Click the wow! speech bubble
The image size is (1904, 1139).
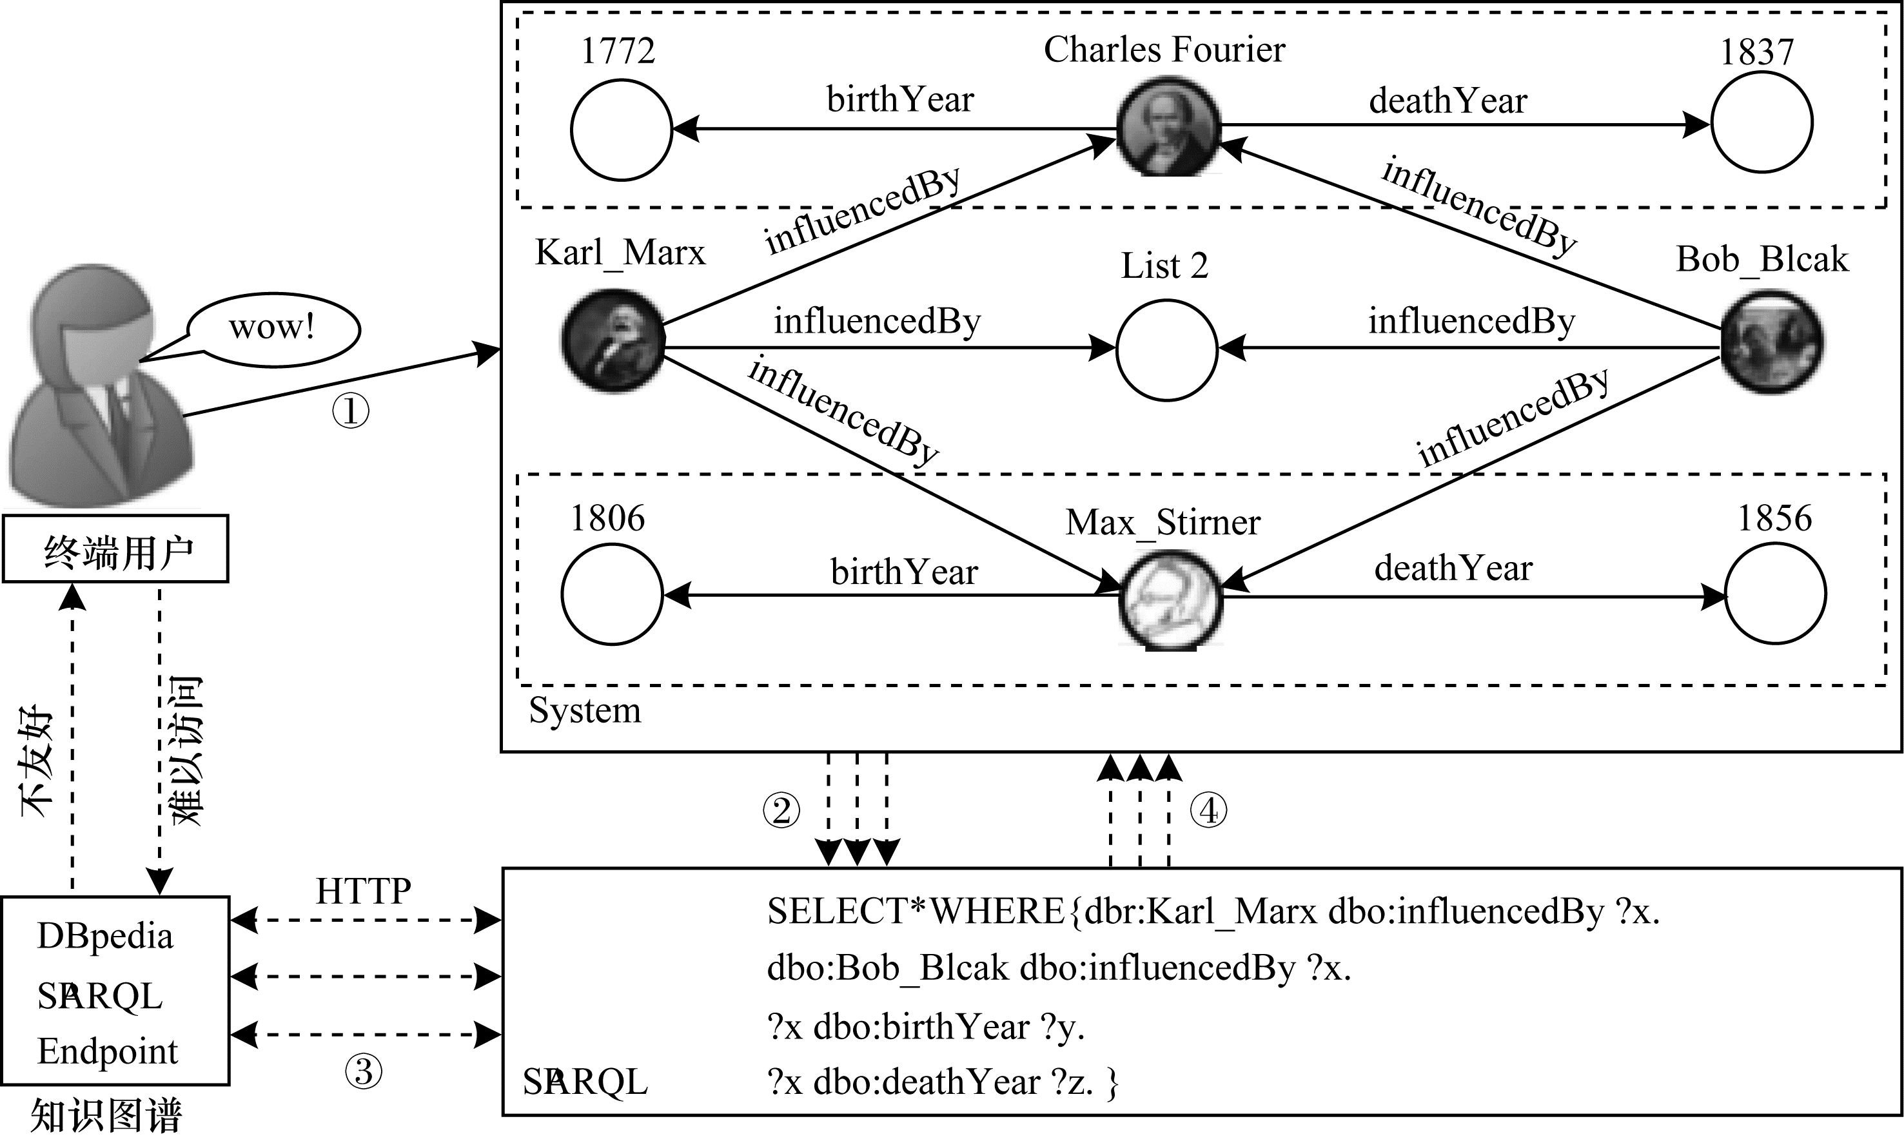[x=273, y=329]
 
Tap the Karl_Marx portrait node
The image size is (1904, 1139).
[x=613, y=341]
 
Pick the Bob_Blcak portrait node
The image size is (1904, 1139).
[x=1772, y=342]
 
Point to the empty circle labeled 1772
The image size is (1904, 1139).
[x=621, y=130]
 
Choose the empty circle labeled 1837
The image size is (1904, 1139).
[x=1762, y=122]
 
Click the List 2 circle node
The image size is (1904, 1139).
[x=1166, y=350]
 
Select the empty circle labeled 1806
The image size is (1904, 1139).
[x=612, y=594]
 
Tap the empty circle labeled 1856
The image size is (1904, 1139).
[x=1775, y=593]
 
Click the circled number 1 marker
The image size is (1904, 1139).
[x=350, y=411]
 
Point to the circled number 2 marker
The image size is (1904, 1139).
[x=781, y=810]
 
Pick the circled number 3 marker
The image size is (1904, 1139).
[x=363, y=1071]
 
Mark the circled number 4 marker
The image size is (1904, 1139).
[x=1208, y=810]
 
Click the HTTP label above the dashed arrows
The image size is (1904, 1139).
[x=363, y=891]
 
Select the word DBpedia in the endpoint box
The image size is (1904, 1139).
[x=105, y=937]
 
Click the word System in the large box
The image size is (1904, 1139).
[x=584, y=711]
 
